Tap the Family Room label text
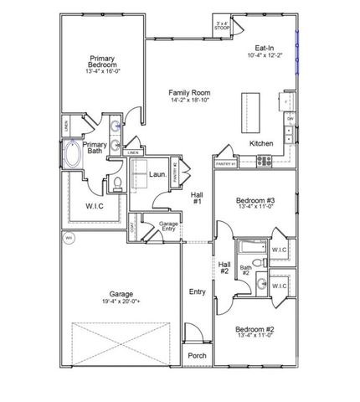(x=188, y=93)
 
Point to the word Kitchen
(x=261, y=144)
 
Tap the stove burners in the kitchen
(x=264, y=160)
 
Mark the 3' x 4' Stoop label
(x=222, y=25)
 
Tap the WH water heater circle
(x=69, y=239)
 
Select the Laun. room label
(x=157, y=175)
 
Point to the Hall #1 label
(x=197, y=198)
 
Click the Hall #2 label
(x=224, y=268)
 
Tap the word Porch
(x=197, y=355)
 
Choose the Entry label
(x=197, y=292)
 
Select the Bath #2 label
(x=246, y=271)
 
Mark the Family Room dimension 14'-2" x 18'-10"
(x=188, y=100)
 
